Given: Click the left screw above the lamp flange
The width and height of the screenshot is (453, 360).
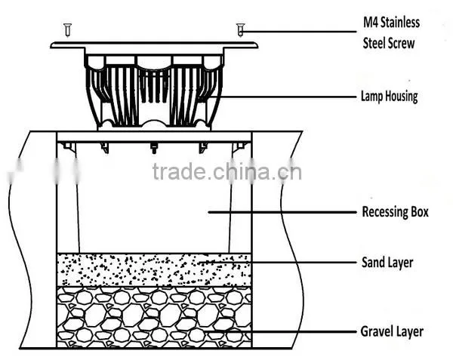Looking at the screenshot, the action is (68, 30).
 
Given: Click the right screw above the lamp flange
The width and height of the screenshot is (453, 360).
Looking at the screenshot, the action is (240, 30).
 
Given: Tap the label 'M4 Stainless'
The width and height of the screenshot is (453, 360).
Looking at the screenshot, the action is (391, 23).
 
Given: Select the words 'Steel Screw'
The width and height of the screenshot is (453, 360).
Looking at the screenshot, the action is (389, 43).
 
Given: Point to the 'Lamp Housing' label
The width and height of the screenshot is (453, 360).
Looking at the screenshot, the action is (389, 97).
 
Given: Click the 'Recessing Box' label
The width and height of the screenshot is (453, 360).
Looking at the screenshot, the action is (395, 212).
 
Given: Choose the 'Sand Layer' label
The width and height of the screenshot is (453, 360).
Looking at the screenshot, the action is (387, 263).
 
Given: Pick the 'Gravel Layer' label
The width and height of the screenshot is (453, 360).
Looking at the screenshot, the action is (392, 331).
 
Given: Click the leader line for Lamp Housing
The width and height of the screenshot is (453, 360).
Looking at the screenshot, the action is (282, 97).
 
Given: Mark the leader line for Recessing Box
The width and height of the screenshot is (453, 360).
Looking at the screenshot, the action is (282, 212).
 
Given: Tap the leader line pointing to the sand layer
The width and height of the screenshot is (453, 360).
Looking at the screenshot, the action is (277, 263).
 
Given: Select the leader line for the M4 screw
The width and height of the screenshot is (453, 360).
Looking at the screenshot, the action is (299, 32).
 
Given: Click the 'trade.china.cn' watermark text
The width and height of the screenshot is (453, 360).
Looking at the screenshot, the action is (226, 172).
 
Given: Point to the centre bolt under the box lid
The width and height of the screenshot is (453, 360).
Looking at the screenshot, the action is (154, 148).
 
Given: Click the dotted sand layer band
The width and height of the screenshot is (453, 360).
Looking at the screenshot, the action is (154, 270).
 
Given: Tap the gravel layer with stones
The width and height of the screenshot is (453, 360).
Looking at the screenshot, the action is (154, 317).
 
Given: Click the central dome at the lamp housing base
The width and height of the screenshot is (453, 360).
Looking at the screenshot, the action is (154, 124).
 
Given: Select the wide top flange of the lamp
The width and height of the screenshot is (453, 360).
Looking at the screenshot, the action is (154, 45).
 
